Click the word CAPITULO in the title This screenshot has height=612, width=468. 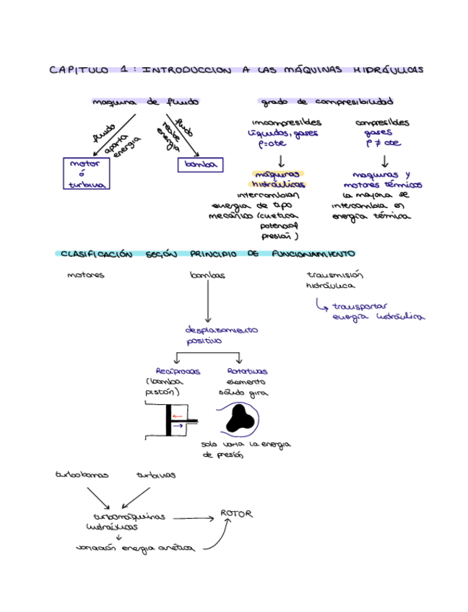[x=77, y=70]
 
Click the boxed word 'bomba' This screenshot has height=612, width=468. [x=197, y=165]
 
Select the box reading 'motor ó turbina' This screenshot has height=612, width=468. [x=85, y=174]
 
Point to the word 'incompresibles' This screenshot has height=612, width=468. [x=286, y=122]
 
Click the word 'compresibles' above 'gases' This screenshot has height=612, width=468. [x=382, y=122]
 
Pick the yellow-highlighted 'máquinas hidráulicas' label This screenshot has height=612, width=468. [x=279, y=179]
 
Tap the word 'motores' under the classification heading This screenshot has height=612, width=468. [x=85, y=275]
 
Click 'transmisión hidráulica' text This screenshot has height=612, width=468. [x=334, y=280]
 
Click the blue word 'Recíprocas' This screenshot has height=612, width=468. [x=177, y=371]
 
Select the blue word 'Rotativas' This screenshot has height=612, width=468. [x=241, y=371]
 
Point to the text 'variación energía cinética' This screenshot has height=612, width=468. [x=135, y=548]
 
